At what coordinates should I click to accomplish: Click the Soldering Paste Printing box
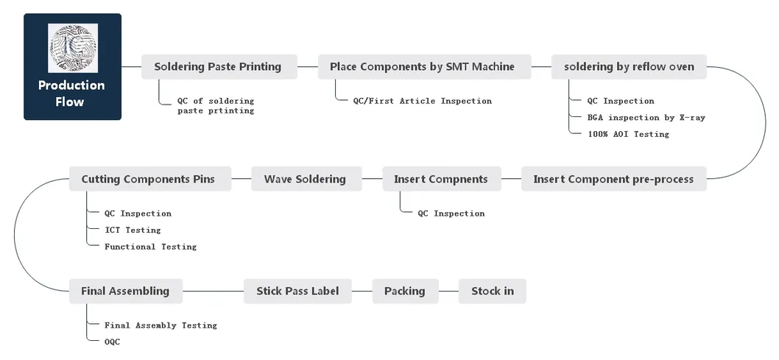218,67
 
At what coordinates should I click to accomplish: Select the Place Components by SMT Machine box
422,67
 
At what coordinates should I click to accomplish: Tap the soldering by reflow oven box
629,67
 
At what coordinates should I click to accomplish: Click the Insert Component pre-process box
613,179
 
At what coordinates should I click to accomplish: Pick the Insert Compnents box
440,179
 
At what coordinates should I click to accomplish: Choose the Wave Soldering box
305,179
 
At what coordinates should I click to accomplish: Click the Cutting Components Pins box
149,179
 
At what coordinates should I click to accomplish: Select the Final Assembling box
125,291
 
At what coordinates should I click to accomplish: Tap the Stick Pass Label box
297,291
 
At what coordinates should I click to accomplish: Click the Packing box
404,291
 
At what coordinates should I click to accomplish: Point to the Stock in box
492,291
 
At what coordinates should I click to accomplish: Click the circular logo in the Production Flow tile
72,49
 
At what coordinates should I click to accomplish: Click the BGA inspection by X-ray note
646,118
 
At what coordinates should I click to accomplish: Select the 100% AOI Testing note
628,134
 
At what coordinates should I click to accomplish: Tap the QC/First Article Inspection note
422,101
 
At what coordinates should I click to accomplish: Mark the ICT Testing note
133,230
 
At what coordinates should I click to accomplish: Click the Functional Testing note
150,247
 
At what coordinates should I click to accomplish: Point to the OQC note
112,342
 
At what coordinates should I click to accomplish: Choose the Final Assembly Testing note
161,325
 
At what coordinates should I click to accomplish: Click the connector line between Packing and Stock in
448,291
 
